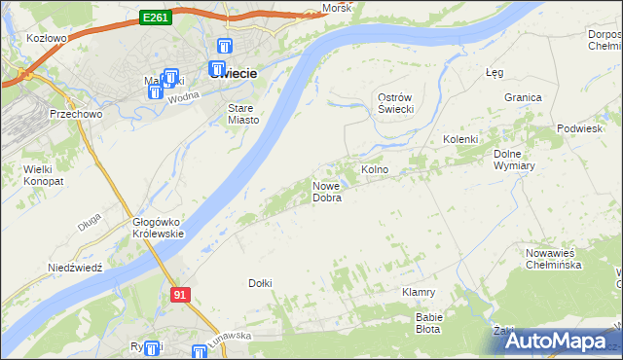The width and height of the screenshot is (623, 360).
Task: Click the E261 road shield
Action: [x=156, y=18]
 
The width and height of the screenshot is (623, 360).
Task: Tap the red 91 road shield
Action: [x=180, y=294]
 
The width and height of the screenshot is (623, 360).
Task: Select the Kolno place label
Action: [x=376, y=170]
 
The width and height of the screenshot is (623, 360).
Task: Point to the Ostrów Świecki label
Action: [x=396, y=103]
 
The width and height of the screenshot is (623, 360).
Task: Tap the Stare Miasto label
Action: [x=243, y=114]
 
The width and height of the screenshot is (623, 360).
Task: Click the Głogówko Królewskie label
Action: [x=158, y=228]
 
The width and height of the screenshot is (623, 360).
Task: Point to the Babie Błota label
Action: [x=429, y=323]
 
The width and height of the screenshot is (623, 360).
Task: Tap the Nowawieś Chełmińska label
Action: [x=553, y=259]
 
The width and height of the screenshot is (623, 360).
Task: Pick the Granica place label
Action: [x=523, y=97]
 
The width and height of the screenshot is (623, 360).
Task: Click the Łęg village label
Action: [x=494, y=72]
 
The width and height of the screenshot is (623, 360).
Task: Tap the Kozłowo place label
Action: [x=47, y=38]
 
